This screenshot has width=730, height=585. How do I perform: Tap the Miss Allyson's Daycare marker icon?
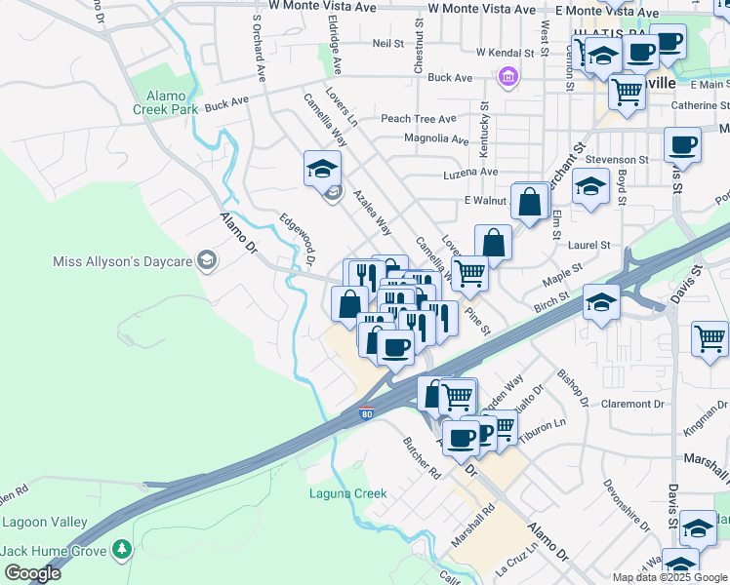click(206, 260)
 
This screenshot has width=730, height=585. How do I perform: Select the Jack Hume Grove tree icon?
click(121, 551)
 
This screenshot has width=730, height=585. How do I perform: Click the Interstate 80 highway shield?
click(367, 414)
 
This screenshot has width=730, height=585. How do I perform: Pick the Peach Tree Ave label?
click(419, 119)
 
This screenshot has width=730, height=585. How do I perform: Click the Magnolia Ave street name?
click(436, 138)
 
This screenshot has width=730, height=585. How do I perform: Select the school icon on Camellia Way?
click(322, 170)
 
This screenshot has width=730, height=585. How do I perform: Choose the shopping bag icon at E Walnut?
click(529, 203)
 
